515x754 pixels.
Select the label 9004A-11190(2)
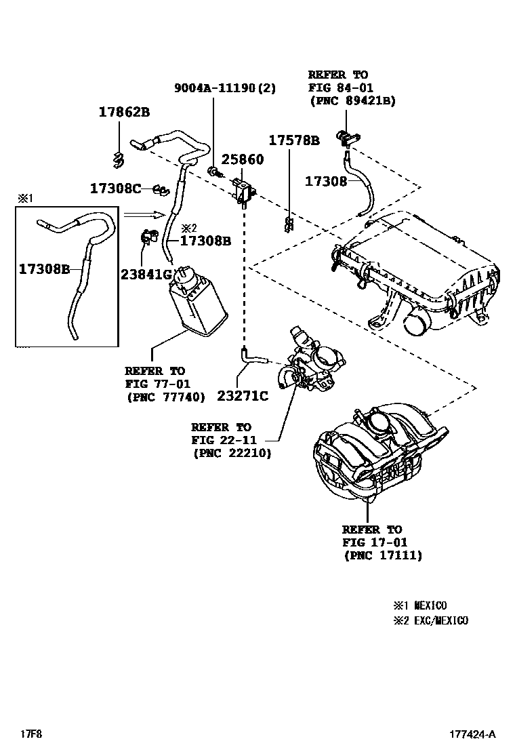coord(225,88)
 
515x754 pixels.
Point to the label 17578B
coord(293,141)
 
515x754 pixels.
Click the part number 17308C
coord(115,188)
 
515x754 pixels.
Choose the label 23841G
coord(146,274)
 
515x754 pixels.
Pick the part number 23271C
coord(243,395)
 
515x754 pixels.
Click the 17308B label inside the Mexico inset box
coord(44,269)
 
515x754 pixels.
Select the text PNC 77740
coord(165,397)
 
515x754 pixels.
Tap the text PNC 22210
coord(232,453)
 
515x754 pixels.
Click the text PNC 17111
coord(383,555)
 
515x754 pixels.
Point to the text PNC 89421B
coord(352,100)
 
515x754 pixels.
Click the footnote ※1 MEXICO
coord(420,606)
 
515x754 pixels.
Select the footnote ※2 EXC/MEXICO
coord(430,620)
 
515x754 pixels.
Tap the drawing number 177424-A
coord(472,734)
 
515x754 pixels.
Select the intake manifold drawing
coord(369,454)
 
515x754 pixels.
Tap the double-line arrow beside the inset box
coord(144,215)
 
